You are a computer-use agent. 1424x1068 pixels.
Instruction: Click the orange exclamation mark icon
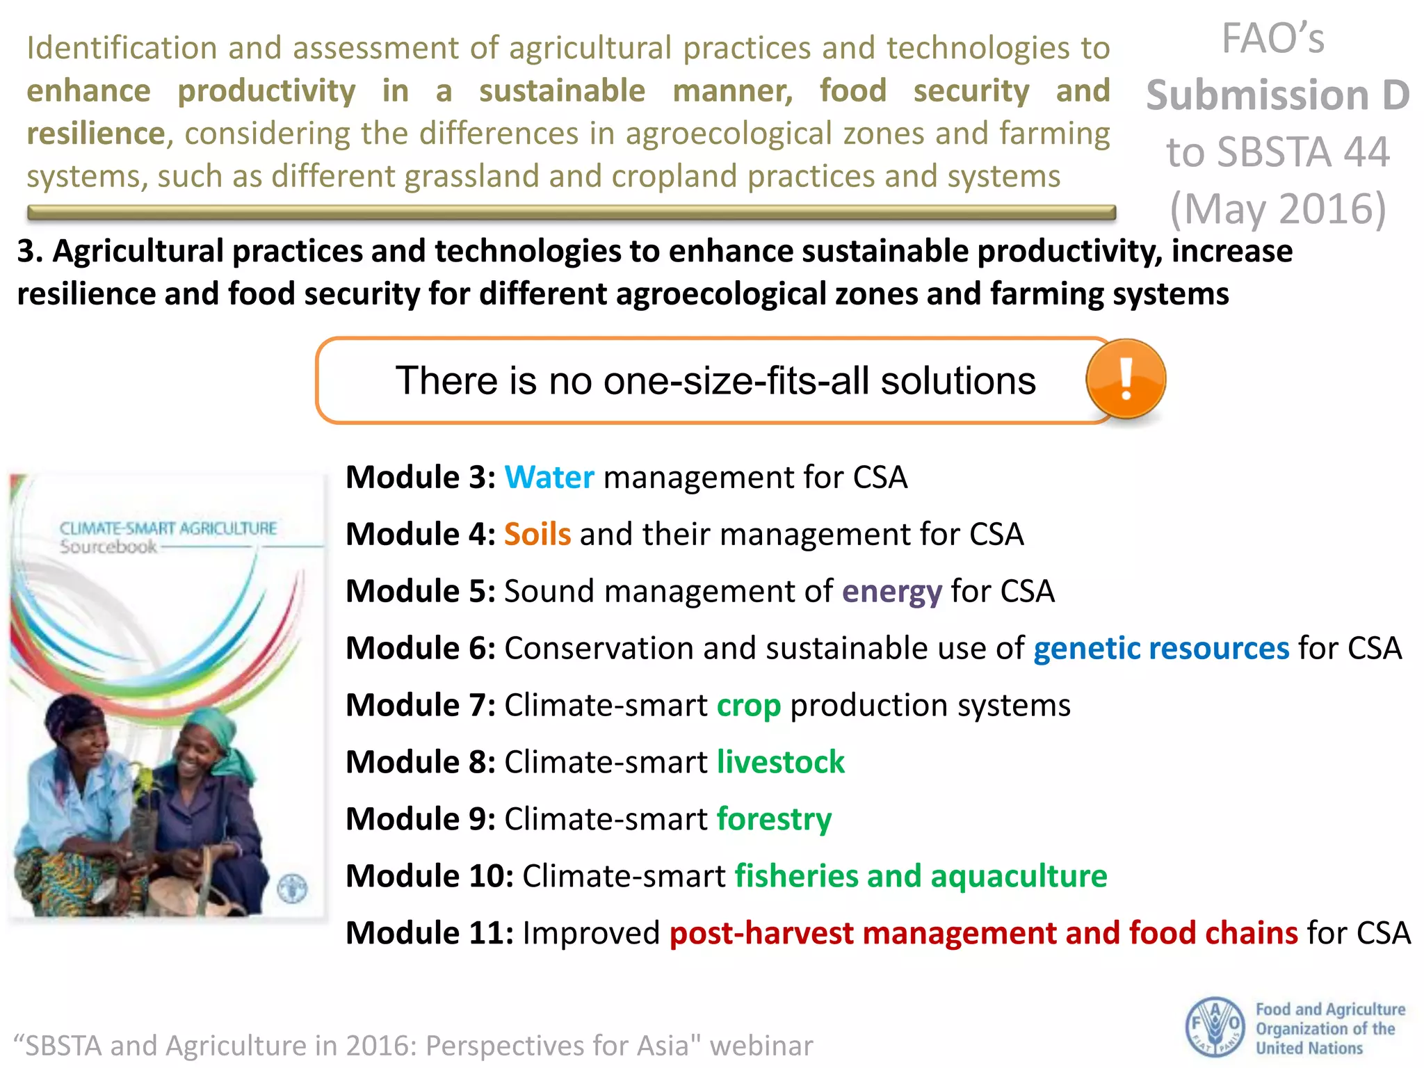tap(1126, 379)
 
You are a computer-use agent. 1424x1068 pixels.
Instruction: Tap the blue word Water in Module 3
tap(549, 478)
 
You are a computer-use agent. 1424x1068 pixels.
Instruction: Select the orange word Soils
tap(537, 535)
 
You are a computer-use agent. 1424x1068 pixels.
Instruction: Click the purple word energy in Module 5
tap(891, 592)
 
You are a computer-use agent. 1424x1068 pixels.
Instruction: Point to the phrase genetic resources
tap(1160, 649)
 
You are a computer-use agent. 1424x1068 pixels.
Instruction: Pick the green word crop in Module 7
tap(748, 706)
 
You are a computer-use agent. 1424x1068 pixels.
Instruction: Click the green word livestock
tap(780, 762)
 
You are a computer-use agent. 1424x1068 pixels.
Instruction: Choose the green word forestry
tap(773, 819)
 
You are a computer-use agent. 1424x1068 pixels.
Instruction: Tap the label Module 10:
tap(429, 876)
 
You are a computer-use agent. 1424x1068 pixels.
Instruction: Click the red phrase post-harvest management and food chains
tap(982, 933)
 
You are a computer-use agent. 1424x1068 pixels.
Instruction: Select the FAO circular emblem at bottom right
tap(1214, 1026)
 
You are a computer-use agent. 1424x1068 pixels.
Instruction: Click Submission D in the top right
tap(1277, 95)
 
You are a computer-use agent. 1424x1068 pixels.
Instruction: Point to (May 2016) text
tap(1277, 209)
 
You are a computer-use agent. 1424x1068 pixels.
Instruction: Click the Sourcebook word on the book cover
tap(108, 547)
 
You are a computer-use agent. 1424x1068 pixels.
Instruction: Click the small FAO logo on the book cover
tap(292, 888)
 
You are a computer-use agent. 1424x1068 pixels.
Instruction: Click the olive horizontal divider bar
tap(570, 213)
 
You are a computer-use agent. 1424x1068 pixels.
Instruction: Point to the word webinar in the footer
tap(761, 1046)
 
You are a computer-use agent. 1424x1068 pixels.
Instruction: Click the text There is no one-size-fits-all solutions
tap(715, 381)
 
